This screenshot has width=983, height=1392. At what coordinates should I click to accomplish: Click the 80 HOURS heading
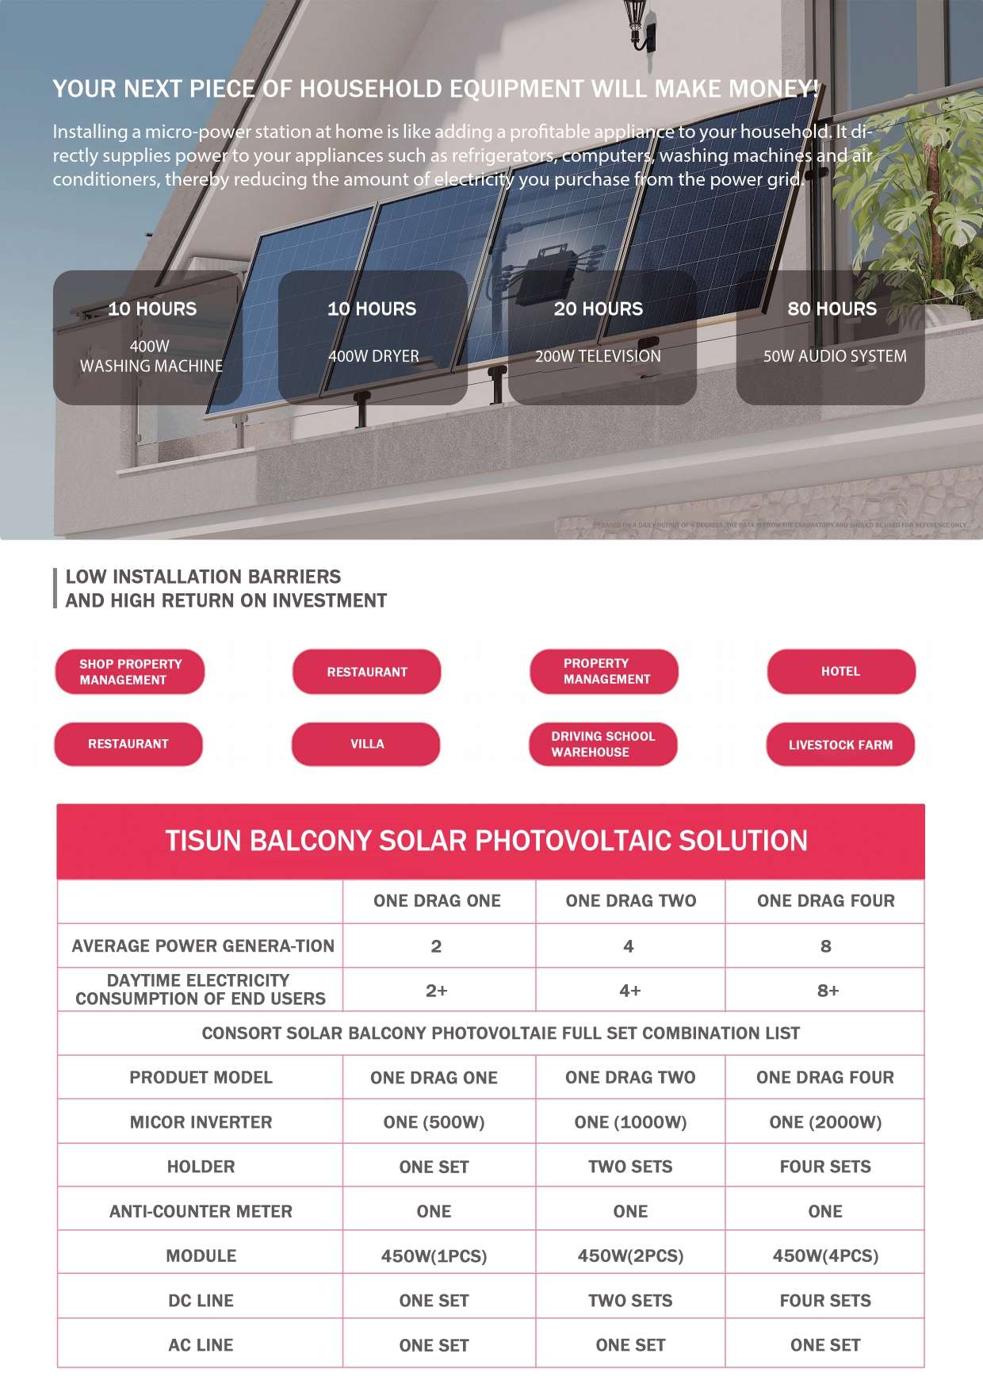tap(832, 309)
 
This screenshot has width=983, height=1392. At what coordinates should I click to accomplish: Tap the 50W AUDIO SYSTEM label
tap(835, 356)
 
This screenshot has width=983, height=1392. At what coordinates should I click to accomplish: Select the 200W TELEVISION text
tap(598, 356)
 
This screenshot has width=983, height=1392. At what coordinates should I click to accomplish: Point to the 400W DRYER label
tap(373, 356)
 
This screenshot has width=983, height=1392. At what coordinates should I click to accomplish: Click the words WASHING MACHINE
tap(151, 366)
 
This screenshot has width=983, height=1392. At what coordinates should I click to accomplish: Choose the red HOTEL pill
tap(841, 672)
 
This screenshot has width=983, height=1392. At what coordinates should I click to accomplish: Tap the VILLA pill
tap(366, 744)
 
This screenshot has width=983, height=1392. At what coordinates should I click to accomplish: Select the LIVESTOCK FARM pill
tap(840, 745)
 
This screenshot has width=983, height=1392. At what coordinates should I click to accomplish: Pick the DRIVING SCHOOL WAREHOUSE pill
tap(602, 744)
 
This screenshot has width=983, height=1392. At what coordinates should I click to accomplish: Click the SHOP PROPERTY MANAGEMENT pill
tap(130, 672)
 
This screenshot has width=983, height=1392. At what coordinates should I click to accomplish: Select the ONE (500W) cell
tap(434, 1122)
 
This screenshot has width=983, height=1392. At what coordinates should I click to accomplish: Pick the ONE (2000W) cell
tap(825, 1122)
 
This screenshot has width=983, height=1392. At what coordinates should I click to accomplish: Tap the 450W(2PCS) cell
tap(630, 1256)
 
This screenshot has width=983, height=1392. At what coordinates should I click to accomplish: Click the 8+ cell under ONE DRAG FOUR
tap(827, 991)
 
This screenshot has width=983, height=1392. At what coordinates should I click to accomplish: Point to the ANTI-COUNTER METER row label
tap(201, 1211)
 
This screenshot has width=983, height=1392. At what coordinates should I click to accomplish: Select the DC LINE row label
tap(201, 1301)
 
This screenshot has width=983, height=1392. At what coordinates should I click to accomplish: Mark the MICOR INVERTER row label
tap(201, 1122)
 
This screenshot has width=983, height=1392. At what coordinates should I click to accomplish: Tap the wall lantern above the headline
tap(637, 24)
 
